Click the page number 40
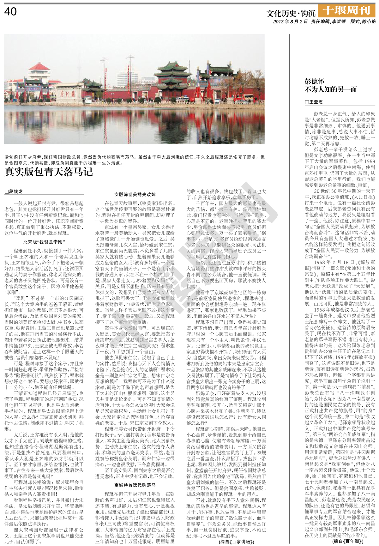pos(11,12)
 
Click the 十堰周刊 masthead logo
pos(346,11)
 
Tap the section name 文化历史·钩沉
pos(291,13)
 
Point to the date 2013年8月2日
pos(290,22)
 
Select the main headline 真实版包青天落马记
pos(49,172)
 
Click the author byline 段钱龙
pos(14,191)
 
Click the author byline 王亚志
pos(314,102)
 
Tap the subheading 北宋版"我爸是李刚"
pos(44,242)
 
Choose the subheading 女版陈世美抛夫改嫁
pos(135,195)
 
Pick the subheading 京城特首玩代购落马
pos(135,485)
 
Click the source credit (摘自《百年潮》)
pos(348,542)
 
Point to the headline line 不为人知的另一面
pos(331,90)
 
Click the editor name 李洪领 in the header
pos(339,22)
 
